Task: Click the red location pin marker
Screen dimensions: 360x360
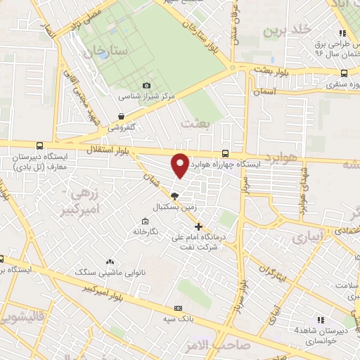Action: point(180,165)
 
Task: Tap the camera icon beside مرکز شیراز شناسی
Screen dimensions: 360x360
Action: point(146,86)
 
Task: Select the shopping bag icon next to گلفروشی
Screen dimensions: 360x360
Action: point(122,117)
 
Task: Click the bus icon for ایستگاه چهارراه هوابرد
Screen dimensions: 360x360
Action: point(225,153)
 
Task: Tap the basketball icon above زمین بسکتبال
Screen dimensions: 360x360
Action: point(175,197)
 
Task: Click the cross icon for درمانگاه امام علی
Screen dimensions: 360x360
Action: point(199,226)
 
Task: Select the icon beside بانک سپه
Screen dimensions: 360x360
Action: point(178,308)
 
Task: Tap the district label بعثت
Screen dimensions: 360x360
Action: point(196,123)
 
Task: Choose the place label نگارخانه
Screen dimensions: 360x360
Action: point(153,231)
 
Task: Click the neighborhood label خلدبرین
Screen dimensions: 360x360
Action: point(286,31)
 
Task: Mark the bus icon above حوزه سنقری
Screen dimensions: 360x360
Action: point(345,72)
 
